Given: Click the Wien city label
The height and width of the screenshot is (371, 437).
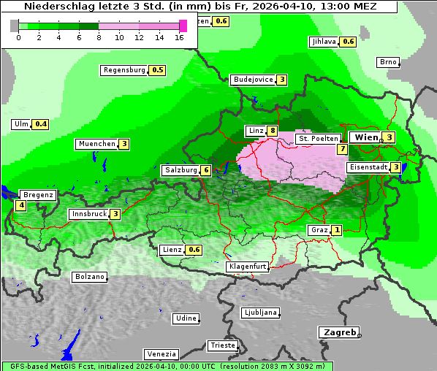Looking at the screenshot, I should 365,137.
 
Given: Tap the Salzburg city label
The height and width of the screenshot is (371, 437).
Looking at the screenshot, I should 180,170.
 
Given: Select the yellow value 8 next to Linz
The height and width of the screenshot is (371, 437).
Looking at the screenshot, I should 273,131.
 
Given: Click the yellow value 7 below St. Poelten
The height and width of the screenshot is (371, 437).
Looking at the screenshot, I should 341,149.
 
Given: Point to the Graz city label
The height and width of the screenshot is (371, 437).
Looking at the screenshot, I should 319,230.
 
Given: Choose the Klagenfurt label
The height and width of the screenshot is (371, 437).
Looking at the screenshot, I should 248,267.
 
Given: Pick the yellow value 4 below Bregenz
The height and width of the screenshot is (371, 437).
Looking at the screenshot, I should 20,206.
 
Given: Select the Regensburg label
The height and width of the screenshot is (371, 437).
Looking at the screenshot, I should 124,70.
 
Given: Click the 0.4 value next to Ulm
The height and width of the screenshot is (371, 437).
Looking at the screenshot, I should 41,124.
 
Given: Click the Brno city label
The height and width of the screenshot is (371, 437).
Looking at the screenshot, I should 387,62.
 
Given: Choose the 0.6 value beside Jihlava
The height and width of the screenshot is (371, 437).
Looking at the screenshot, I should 349,42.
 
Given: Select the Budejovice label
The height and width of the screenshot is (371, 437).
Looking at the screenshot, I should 253,80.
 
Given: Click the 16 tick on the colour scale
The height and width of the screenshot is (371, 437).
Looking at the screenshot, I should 179,37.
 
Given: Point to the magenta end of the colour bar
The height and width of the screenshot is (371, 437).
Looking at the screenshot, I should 183,26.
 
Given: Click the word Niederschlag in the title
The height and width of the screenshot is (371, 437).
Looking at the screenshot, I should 56,7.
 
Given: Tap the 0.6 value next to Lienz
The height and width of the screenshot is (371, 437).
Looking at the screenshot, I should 194,250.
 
